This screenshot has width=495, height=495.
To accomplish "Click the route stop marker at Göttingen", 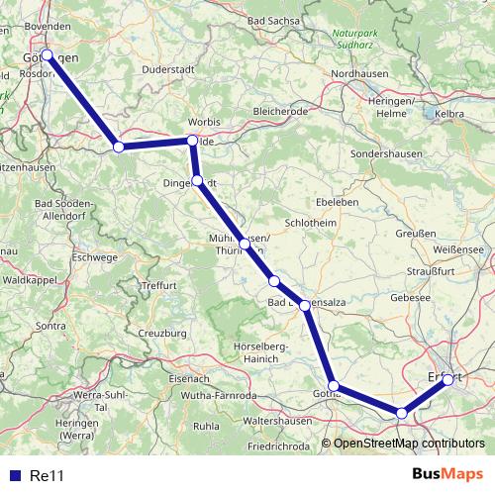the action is [x=47, y=54].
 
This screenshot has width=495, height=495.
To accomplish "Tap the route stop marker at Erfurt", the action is [x=447, y=379].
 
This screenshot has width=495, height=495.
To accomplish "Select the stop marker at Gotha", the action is [x=335, y=385].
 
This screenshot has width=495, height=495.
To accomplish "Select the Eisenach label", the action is [x=189, y=378].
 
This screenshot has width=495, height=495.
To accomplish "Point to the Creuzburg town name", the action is [x=162, y=334].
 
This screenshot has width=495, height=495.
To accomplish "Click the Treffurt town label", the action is [x=158, y=285].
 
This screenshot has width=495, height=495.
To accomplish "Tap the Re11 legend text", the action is [x=48, y=476].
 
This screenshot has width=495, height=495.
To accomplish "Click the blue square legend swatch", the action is [x=13, y=476].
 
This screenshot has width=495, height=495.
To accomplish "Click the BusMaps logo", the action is [x=447, y=475].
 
